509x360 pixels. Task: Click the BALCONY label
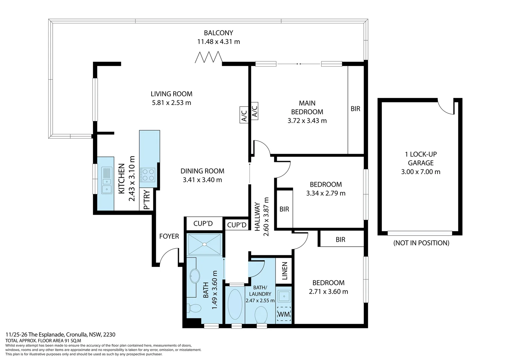218,33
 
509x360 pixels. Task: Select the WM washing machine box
284,314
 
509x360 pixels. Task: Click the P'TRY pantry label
147,200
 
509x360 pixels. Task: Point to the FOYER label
169,236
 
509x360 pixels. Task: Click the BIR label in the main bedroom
355,109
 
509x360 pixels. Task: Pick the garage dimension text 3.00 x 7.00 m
421,172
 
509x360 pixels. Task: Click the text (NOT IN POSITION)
421,243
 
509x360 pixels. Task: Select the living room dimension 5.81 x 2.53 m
172,103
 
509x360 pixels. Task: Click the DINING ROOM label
202,171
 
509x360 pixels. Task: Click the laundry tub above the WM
284,295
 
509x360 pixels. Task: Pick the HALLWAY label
257,217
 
